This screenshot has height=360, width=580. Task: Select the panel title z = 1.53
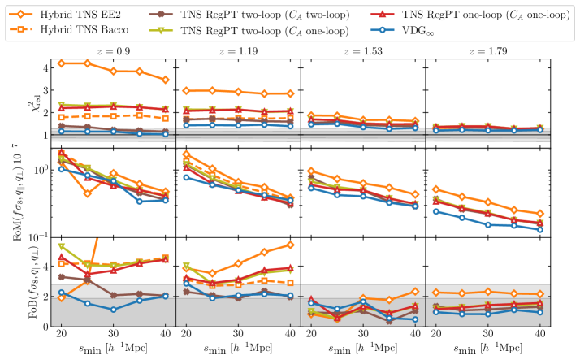[362, 50]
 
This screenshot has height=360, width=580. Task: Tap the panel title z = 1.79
[487, 50]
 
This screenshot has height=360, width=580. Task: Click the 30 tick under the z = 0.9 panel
[113, 335]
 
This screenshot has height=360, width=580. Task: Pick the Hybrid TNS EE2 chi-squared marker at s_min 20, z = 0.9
[62, 63]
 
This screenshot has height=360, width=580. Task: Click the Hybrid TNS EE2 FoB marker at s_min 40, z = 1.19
[290, 245]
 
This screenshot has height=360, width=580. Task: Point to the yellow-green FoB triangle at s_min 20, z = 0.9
[62, 246]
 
